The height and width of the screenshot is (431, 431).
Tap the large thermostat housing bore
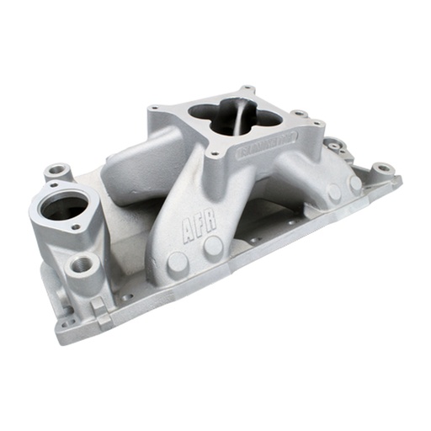(x=61, y=206)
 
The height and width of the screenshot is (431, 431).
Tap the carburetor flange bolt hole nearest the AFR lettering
(x=217, y=154)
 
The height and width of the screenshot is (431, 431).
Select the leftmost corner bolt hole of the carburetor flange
(x=154, y=111)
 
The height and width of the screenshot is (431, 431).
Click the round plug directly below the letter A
(x=178, y=261)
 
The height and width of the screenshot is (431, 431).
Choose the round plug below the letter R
(x=214, y=246)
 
